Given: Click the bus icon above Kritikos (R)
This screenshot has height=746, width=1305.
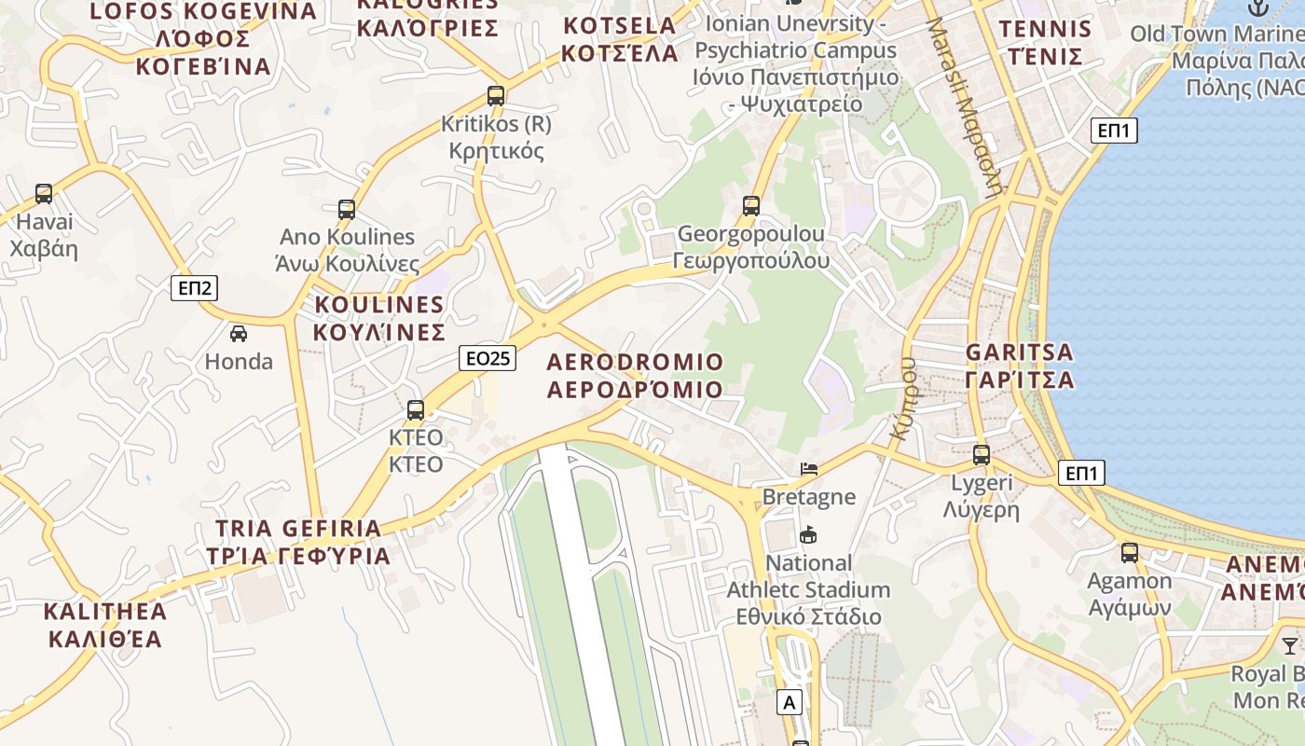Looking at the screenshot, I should point(496,95).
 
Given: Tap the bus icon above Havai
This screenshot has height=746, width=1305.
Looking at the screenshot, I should point(44,194).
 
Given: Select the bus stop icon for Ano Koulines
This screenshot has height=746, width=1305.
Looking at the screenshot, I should point(347,209).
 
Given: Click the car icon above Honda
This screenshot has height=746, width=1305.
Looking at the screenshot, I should point(239,333).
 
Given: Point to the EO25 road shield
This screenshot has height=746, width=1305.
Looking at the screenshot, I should point(488,358).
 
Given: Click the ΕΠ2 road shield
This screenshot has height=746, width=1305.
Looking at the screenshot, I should point(195,287).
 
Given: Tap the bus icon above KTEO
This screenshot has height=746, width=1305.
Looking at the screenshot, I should point(416,409).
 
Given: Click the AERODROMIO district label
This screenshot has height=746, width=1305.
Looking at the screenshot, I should point(635,375).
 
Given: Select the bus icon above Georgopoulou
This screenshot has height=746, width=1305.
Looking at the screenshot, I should point(751,205).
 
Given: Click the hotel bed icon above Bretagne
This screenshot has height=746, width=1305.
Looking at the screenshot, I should point(809,468).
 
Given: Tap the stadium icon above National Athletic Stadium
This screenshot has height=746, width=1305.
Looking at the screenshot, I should point(808,535).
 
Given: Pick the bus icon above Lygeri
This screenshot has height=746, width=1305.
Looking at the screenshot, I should point(982,455).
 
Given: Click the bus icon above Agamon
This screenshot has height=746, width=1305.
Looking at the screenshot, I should point(1130,552).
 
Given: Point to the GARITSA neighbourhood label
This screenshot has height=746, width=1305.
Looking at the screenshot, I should point(1020,366).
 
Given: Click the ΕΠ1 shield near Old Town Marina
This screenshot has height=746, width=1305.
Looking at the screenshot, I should point(1114,131).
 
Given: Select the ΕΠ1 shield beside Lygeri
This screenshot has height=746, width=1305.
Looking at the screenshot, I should point(1081,474).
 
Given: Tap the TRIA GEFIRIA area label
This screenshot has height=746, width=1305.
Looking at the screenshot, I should point(298,542).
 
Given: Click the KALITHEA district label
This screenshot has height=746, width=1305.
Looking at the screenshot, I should point(105,625).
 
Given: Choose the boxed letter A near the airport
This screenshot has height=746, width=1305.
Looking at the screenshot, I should point(790,702).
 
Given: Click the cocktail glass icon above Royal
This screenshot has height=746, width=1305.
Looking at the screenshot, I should point(1290,645).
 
